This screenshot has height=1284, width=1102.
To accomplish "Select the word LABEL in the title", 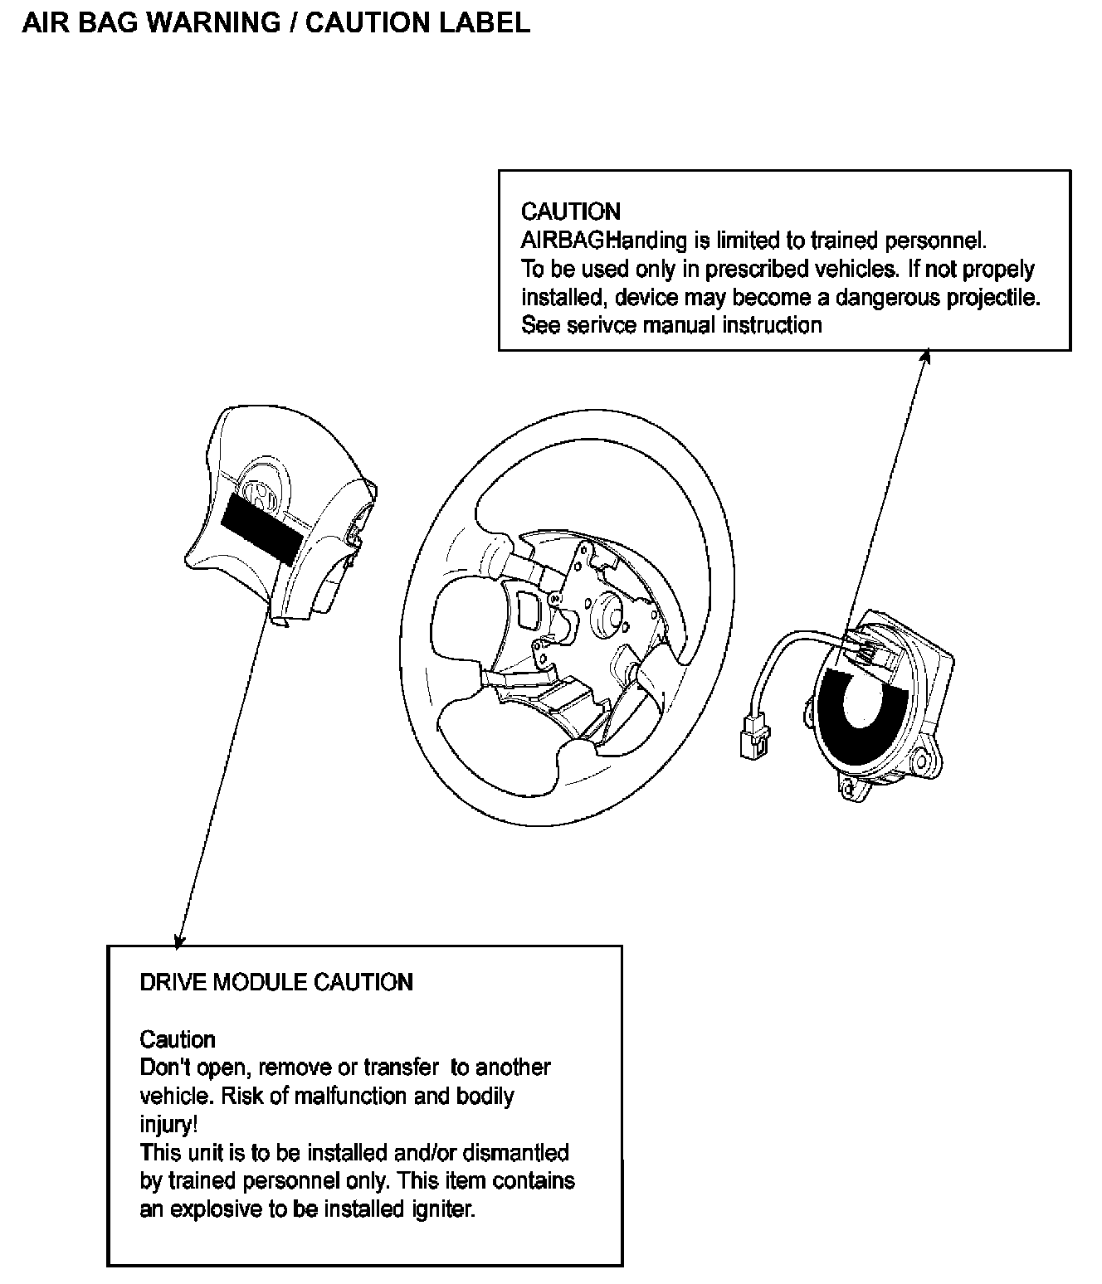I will click(489, 22).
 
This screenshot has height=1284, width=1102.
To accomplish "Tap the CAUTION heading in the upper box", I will click(571, 212).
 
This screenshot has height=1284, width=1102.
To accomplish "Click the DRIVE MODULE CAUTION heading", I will click(276, 982).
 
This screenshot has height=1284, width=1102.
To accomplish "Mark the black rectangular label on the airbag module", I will click(263, 527).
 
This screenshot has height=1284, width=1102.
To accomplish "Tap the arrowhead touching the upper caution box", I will click(926, 355).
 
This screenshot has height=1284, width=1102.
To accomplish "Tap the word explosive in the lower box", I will click(217, 1209).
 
